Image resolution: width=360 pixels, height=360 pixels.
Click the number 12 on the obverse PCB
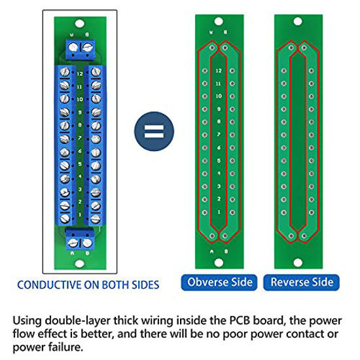tap(217, 70)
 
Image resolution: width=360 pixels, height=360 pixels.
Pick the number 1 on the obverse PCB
tap(217, 211)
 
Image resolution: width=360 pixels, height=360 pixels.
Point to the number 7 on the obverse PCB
tap(217, 134)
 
